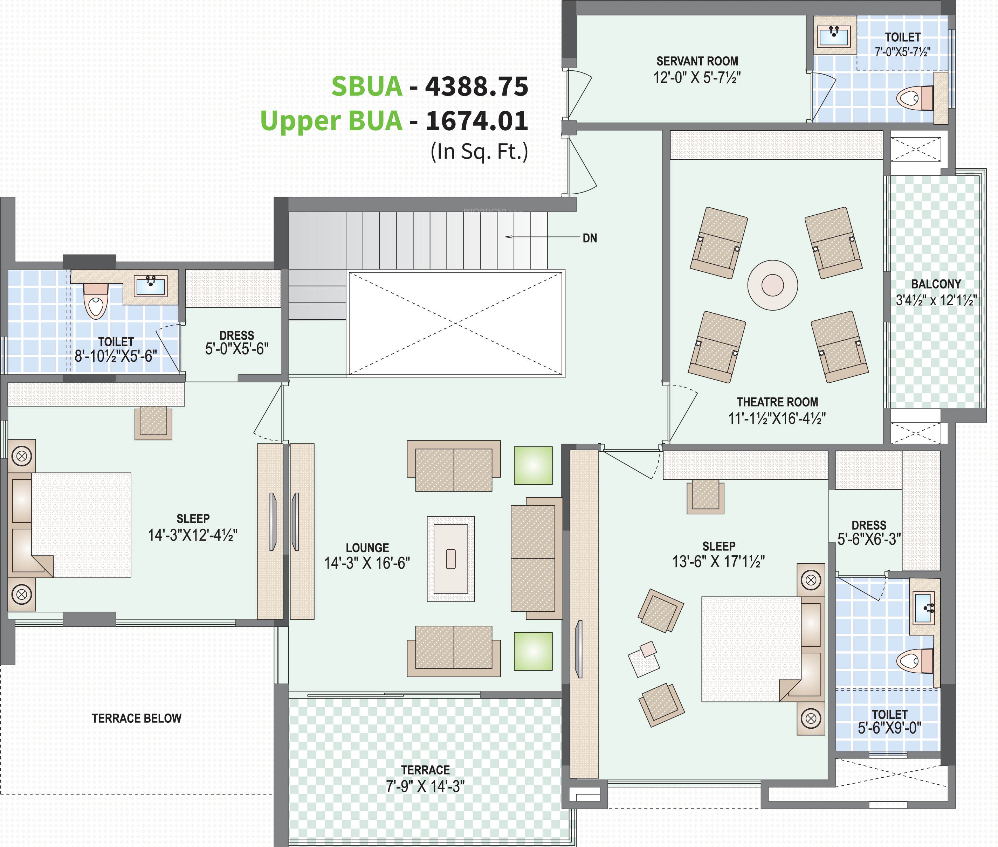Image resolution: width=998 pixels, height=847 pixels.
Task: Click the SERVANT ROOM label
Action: point(697,61)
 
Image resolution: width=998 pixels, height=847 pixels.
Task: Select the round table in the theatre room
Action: point(773,285)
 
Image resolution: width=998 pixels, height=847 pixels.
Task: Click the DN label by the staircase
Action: point(590,238)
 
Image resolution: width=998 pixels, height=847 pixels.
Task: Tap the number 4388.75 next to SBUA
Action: point(476,86)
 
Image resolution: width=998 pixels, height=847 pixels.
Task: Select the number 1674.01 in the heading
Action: point(477,120)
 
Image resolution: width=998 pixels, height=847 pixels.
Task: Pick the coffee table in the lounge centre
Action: point(451,559)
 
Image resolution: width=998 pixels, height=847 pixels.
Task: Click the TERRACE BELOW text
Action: point(137,718)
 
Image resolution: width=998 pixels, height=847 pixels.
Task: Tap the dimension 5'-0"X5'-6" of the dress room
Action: point(237,349)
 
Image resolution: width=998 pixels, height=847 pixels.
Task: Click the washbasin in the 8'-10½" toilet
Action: point(151,286)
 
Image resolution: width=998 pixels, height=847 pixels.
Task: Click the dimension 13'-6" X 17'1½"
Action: point(718,561)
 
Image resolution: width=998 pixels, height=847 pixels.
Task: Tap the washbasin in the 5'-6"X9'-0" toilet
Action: point(923,608)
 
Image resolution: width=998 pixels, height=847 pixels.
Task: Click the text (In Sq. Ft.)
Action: point(479,152)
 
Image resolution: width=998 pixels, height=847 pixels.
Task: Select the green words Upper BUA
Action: point(331,120)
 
